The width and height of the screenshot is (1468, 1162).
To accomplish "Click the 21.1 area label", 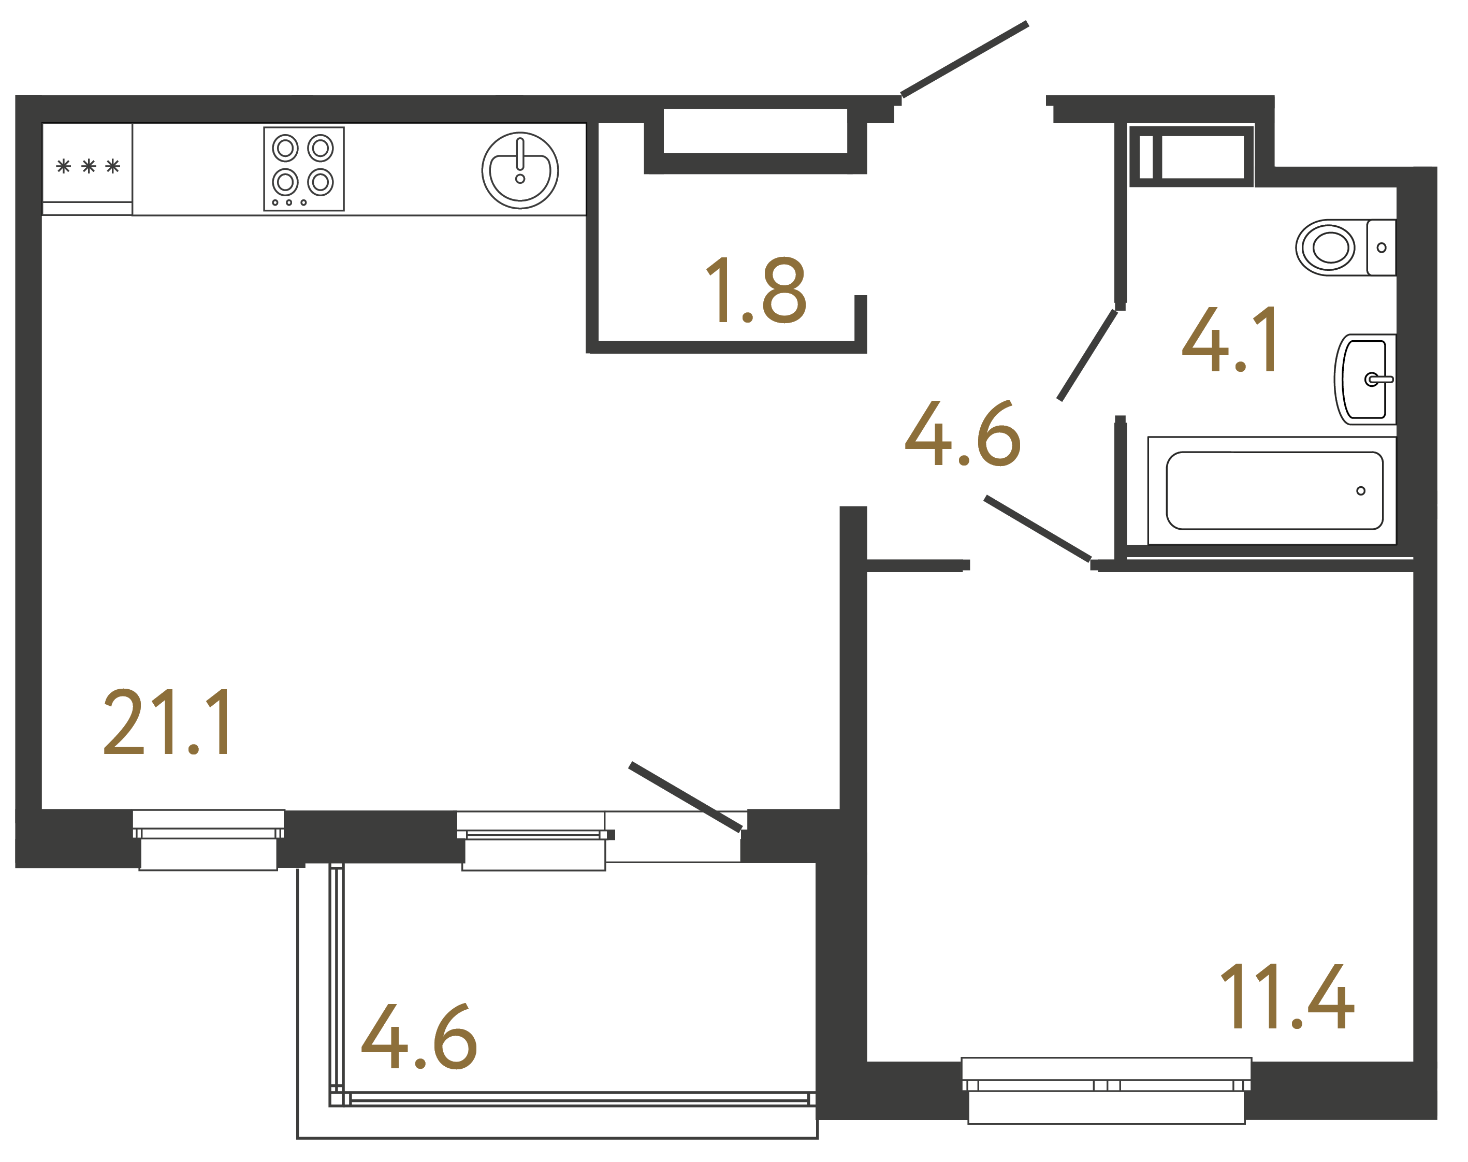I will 167,722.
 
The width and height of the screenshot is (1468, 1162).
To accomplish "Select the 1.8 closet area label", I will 755,290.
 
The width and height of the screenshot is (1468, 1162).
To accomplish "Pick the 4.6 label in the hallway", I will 963,433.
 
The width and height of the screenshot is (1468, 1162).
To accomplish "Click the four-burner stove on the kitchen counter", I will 303,169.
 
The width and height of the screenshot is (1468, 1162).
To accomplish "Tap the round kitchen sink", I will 520,170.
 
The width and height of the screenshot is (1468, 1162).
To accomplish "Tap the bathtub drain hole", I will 1360,490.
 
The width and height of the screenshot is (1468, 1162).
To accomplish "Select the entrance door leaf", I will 964,59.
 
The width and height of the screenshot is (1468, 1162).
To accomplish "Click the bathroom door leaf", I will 1087,356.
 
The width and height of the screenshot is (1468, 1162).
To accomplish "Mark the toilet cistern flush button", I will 1381,248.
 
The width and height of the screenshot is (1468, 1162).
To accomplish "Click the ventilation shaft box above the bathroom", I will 1191,156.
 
